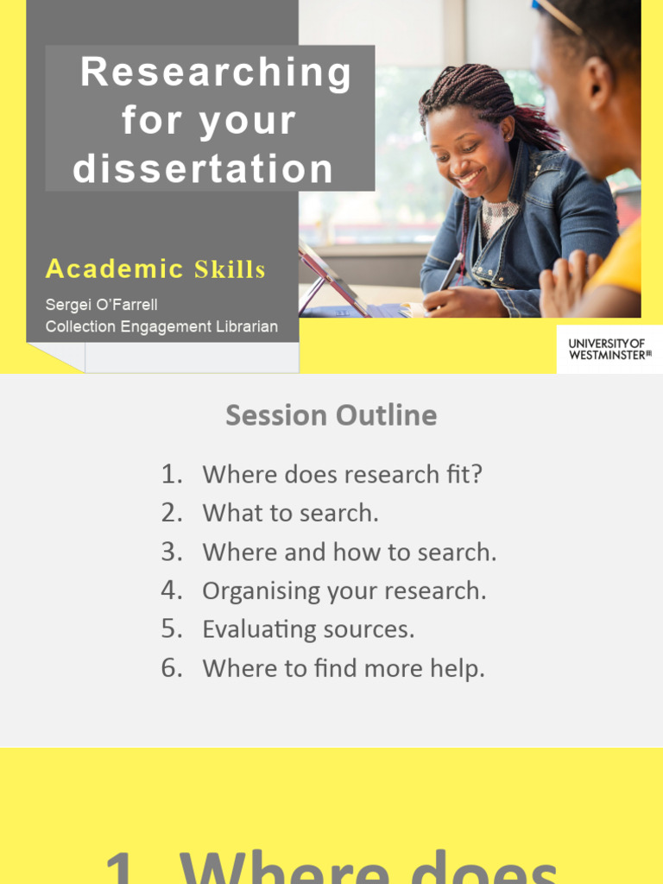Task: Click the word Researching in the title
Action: tap(216, 73)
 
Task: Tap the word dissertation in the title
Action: tap(204, 169)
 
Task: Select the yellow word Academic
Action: tap(115, 269)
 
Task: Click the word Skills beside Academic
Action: tap(230, 270)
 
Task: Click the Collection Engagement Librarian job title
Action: tap(161, 326)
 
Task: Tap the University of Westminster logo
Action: tap(609, 349)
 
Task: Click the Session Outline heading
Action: tap(331, 415)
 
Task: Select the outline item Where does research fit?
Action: tap(342, 474)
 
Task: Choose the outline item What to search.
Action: tap(290, 513)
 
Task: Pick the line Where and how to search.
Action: tap(349, 552)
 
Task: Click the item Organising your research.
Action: tap(344, 590)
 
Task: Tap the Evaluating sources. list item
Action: tap(308, 629)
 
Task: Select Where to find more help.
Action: tap(343, 668)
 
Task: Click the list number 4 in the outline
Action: tap(171, 590)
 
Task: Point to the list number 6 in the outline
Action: tap(171, 668)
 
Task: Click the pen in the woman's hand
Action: tap(451, 275)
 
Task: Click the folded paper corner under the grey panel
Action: tap(56, 356)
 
